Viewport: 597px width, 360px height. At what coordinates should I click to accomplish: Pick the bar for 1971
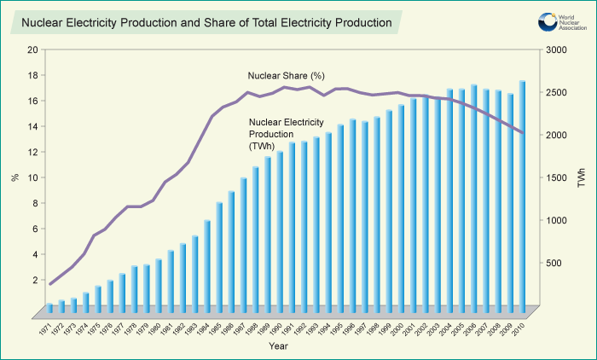[x=49, y=306]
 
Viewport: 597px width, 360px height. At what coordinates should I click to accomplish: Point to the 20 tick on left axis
[x=32, y=49]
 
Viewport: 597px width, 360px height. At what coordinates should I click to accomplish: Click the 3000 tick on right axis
[x=558, y=49]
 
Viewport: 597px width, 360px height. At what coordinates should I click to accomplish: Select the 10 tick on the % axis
[x=32, y=177]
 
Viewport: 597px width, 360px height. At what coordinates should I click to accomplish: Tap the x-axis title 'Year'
[x=278, y=346]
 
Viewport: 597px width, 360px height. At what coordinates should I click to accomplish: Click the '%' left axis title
[x=14, y=177]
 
